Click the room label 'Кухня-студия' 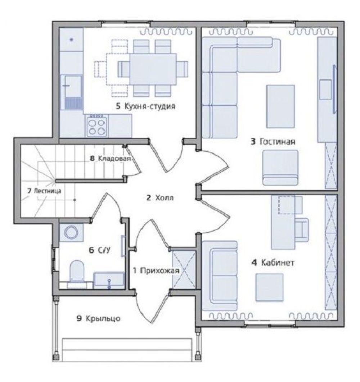150,106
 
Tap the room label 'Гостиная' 278,142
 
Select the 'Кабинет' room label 278,263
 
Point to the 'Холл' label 165,197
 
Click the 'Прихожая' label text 160,270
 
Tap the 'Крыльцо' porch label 103,318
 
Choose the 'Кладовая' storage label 114,158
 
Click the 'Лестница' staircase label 47,191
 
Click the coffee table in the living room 280,106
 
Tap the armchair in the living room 280,168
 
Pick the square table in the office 270,287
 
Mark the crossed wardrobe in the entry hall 184,269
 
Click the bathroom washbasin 109,279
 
